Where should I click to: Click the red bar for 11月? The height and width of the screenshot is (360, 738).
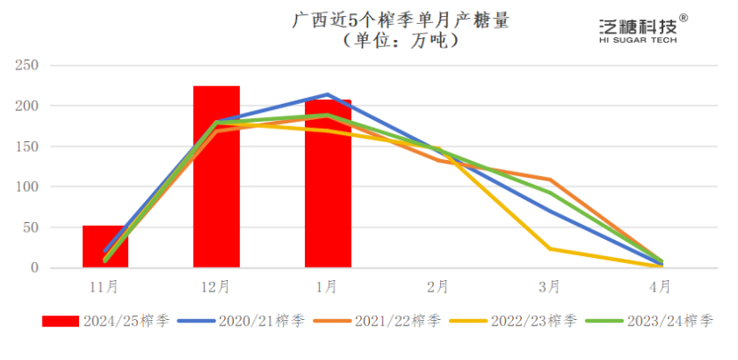pyautogui.click(x=105, y=246)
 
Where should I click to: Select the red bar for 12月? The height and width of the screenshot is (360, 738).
pyautogui.click(x=216, y=177)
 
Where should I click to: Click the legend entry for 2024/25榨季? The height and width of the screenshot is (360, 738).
pyautogui.click(x=106, y=321)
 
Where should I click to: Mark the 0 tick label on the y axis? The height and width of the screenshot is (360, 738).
pyautogui.click(x=35, y=268)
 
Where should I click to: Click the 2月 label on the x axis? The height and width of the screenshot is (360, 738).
pyautogui.click(x=437, y=286)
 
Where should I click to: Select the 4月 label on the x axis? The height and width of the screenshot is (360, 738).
pyautogui.click(x=660, y=286)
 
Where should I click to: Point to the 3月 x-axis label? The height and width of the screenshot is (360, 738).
pyautogui.click(x=549, y=286)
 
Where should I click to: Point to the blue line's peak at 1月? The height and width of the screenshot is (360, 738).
pyautogui.click(x=327, y=94)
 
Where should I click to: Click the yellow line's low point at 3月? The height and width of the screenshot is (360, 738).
pyautogui.click(x=549, y=249)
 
